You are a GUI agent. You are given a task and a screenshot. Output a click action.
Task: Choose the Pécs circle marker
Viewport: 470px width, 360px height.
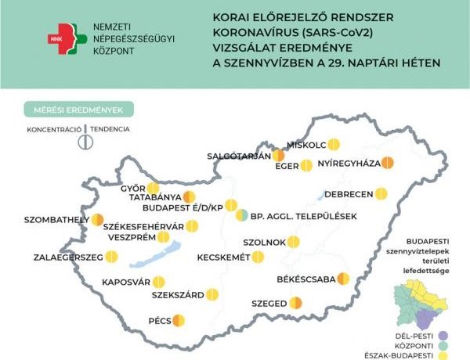tap(179, 320)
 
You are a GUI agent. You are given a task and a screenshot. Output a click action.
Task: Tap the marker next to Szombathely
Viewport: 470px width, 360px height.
tap(99, 220)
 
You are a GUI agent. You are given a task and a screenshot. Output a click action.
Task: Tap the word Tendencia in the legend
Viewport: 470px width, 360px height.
tap(109, 128)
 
